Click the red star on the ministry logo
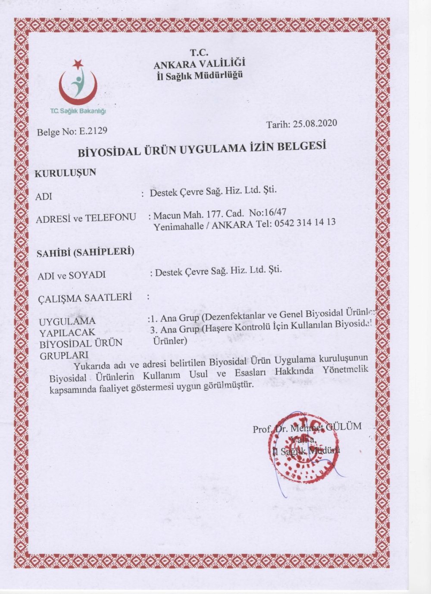point(78,64)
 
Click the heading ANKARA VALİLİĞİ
point(199,64)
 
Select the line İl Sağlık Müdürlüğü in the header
point(199,75)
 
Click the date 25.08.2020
point(315,124)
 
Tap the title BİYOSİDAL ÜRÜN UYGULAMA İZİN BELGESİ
point(201,148)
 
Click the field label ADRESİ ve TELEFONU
point(86,218)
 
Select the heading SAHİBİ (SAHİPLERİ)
point(86,252)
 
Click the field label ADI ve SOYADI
point(72,275)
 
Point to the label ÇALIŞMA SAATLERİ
point(85,297)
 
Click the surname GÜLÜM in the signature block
point(344,426)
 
